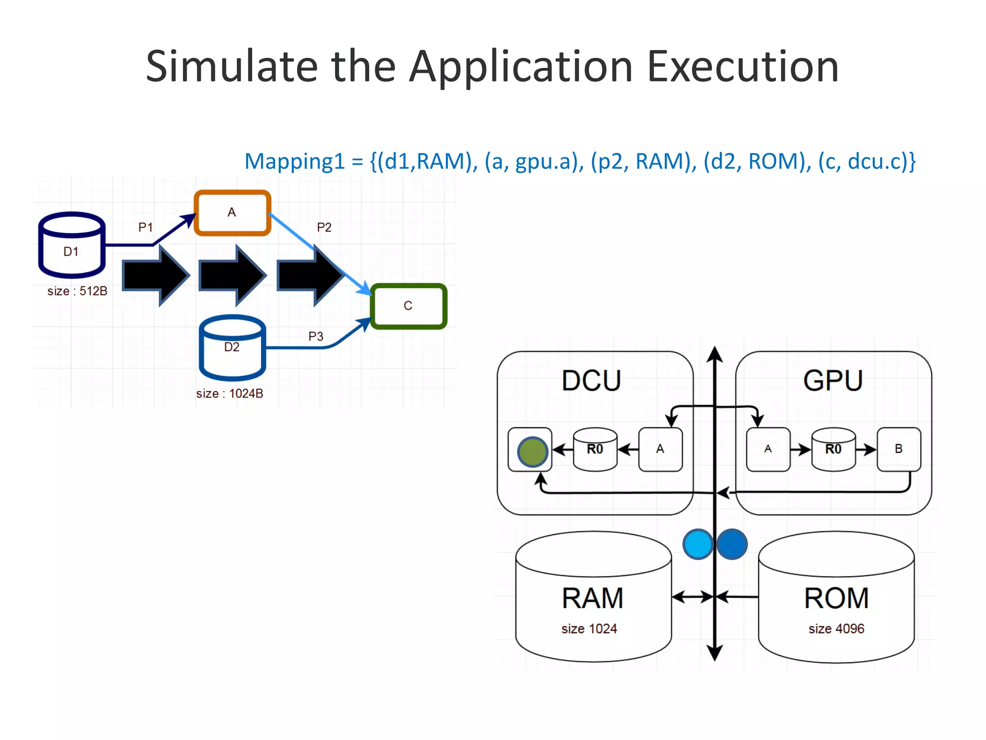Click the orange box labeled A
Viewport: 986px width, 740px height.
pos(232,212)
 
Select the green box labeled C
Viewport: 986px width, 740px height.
pos(408,306)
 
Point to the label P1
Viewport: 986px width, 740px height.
pos(145,227)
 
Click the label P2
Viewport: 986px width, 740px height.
pos(324,227)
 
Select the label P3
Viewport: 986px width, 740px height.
pos(316,336)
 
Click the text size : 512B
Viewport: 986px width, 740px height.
pos(77,291)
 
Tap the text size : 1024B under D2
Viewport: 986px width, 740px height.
pos(229,394)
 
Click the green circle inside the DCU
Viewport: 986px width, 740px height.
pos(532,452)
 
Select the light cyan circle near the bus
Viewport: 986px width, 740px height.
pos(698,544)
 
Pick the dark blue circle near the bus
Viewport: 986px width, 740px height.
pos(732,544)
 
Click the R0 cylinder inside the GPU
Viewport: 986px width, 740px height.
pos(833,449)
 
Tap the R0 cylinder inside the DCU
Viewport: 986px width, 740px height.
pos(595,449)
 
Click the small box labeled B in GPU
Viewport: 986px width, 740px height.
pos(898,449)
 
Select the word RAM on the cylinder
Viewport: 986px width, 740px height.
pos(593,598)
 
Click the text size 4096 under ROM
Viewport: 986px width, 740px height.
pos(836,629)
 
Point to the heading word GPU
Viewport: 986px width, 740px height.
pos(833,381)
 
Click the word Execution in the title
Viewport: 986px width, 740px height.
pos(743,66)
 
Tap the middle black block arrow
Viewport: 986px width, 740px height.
pos(233,275)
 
